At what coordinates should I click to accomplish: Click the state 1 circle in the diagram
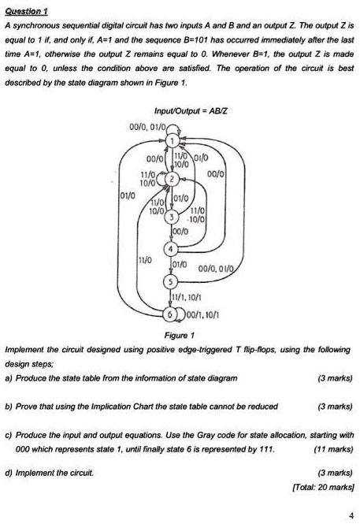(172, 141)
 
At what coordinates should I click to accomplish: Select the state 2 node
(172, 180)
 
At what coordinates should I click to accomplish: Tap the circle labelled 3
(171, 217)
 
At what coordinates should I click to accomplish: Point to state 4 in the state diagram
(171, 249)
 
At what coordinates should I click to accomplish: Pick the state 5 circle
(171, 282)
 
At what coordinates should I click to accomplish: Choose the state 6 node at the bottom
(170, 314)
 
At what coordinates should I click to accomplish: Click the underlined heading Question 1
(26, 11)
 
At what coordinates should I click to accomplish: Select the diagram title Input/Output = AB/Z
(191, 111)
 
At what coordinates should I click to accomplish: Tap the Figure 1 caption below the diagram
(180, 335)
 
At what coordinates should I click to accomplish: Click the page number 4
(351, 515)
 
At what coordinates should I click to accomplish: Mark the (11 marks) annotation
(333, 449)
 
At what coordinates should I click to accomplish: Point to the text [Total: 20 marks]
(323, 487)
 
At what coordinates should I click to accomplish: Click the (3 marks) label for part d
(336, 473)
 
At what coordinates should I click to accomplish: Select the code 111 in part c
(267, 449)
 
